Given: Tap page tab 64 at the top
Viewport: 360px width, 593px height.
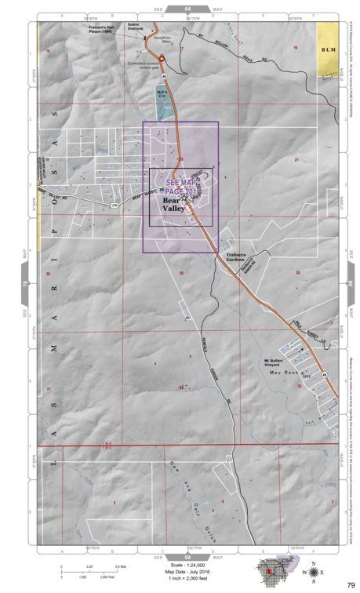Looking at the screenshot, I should pyautogui.click(x=187, y=9).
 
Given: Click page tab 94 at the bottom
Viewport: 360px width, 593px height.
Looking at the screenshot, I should pyautogui.click(x=187, y=555).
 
